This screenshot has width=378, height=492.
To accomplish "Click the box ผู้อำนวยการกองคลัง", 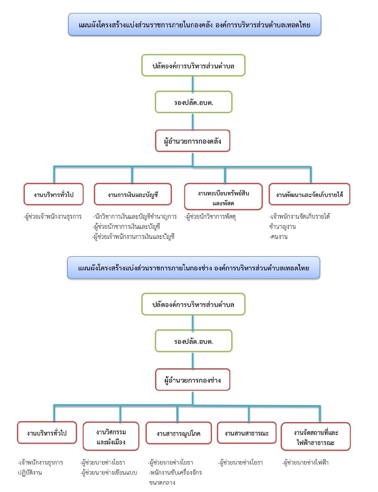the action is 192,141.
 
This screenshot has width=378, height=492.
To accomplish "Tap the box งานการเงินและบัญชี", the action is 133,194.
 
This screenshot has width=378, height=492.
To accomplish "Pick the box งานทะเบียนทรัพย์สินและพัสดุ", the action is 223,197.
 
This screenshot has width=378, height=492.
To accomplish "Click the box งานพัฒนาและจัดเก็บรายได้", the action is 309,194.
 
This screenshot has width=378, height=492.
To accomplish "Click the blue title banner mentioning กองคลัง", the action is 195,25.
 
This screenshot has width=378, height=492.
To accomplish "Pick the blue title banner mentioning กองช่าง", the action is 194,268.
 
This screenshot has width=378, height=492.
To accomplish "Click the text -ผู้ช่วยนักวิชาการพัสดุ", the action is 210,217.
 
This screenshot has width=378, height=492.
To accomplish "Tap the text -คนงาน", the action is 278,237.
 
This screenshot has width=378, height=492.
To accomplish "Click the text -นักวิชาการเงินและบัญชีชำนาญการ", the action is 135,217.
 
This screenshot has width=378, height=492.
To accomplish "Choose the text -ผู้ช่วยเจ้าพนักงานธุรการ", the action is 53,217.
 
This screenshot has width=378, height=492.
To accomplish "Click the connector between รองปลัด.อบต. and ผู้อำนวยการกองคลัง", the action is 193,122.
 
